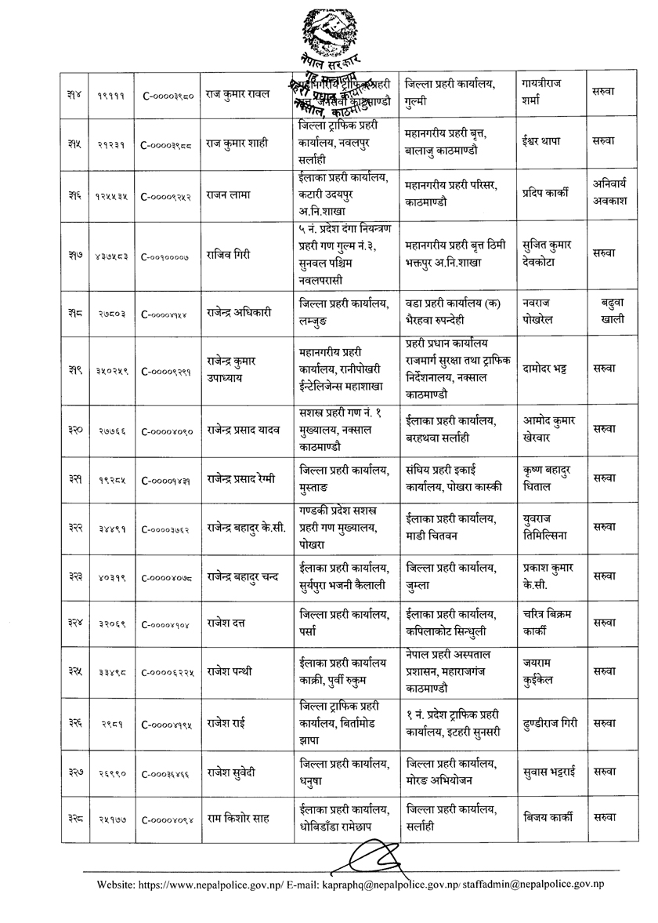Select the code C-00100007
click(171, 256)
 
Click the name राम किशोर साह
click(238, 819)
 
